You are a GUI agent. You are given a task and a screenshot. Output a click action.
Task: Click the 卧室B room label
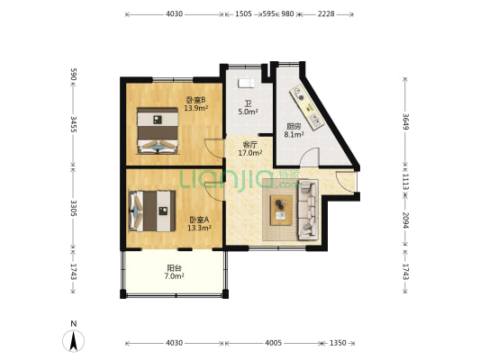[196, 100]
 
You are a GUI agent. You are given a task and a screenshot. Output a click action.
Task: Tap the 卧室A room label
[199, 220]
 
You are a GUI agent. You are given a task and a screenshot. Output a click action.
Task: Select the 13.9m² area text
[196, 108]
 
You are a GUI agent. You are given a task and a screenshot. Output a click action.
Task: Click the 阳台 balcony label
[174, 268]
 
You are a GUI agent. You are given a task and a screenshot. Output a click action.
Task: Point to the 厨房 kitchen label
[294, 126]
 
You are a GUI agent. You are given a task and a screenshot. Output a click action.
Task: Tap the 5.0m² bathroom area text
[248, 112]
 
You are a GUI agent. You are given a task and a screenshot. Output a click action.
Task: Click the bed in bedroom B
[158, 130]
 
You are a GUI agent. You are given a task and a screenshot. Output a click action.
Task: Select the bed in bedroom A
[152, 211]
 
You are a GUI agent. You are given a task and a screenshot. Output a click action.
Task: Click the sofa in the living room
[308, 209]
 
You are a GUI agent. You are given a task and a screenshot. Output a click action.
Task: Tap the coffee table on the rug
[281, 210]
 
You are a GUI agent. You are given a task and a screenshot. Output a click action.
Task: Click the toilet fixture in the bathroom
[246, 83]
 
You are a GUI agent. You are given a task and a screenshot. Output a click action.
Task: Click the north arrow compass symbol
[74, 341]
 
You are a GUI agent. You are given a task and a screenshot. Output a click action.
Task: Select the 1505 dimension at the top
[243, 14]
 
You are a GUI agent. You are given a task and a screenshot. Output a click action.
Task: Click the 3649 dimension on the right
[405, 121]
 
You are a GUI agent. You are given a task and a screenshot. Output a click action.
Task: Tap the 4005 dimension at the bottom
[274, 343]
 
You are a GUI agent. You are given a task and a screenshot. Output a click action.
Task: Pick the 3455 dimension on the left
[74, 124]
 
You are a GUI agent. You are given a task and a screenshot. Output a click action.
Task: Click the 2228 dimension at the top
[326, 14]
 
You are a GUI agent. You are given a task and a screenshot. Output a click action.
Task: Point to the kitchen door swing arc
[308, 152]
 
